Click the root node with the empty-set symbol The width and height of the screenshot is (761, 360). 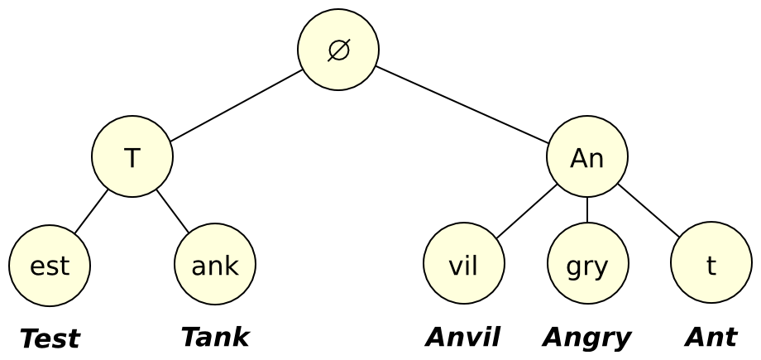coord(338,50)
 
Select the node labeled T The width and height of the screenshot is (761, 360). coord(132,156)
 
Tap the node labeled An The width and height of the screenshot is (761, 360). coord(587,156)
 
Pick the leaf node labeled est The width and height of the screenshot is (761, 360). coord(50,266)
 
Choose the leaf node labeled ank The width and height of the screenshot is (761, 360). coord(215,266)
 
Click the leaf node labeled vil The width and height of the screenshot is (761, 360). coord(463,266)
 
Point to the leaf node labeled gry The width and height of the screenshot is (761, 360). coord(587,266)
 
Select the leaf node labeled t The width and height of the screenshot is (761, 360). coord(711,266)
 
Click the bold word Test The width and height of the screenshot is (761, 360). coord(50,338)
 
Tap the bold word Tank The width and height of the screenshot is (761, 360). coord(215,337)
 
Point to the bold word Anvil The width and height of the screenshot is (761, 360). coord(463,337)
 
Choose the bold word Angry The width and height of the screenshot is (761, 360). coord(587,338)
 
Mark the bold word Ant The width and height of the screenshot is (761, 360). coord(711,337)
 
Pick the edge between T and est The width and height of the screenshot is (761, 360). coord(91,211)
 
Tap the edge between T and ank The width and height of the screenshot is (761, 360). coord(173,211)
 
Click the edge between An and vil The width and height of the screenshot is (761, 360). coord(527,211)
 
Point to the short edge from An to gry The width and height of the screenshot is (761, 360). coord(587,210)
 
